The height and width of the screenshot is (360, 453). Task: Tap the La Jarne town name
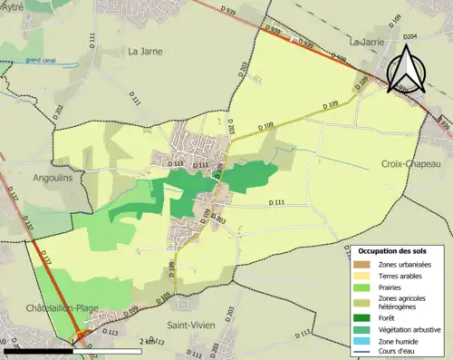click(x=146, y=52)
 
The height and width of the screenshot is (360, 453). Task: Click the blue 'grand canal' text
click(x=40, y=61)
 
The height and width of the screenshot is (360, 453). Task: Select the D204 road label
click(x=410, y=37)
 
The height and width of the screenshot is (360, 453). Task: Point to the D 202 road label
click(x=58, y=112)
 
